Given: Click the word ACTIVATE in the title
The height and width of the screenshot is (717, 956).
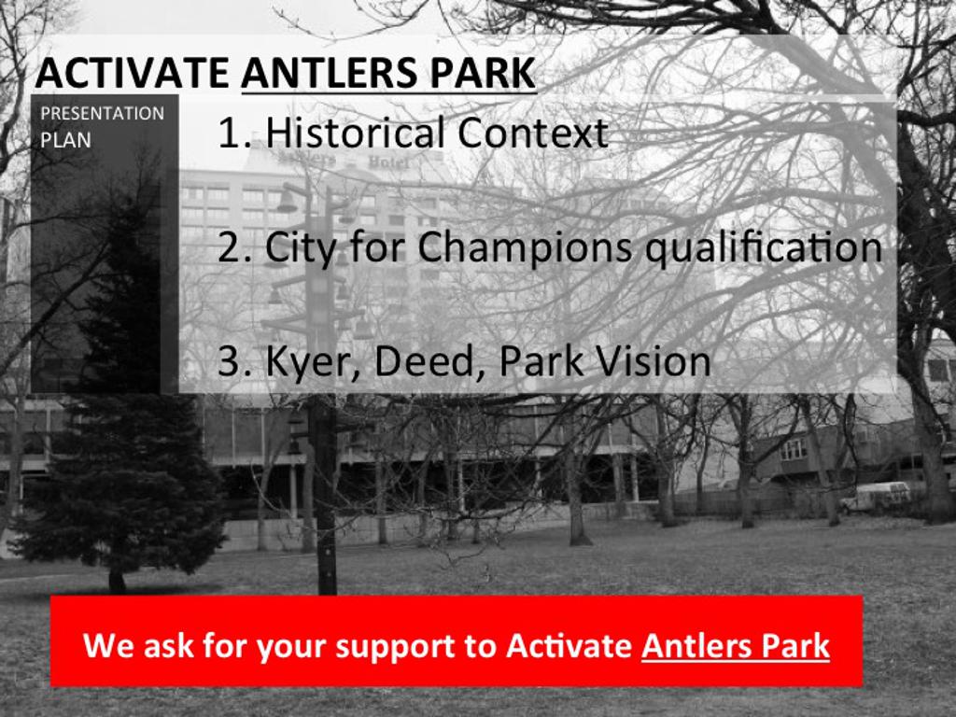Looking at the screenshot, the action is pyautogui.click(x=133, y=73).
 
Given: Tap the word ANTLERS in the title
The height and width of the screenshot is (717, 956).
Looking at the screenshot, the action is pyautogui.click(x=330, y=73).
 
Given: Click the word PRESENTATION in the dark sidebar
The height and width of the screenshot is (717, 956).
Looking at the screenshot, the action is pyautogui.click(x=103, y=113).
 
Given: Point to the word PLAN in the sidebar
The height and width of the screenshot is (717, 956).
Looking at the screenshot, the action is pyautogui.click(x=66, y=140).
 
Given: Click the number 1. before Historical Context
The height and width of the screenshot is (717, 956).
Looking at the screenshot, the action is pyautogui.click(x=234, y=133).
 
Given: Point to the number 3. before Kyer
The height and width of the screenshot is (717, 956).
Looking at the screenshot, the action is pyautogui.click(x=234, y=361).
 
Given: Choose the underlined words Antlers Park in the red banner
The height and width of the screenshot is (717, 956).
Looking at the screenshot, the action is pyautogui.click(x=736, y=645).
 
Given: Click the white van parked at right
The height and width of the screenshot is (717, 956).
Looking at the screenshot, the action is pyautogui.click(x=876, y=497).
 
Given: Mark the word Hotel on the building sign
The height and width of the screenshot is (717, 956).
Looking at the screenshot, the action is pyautogui.click(x=389, y=162).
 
